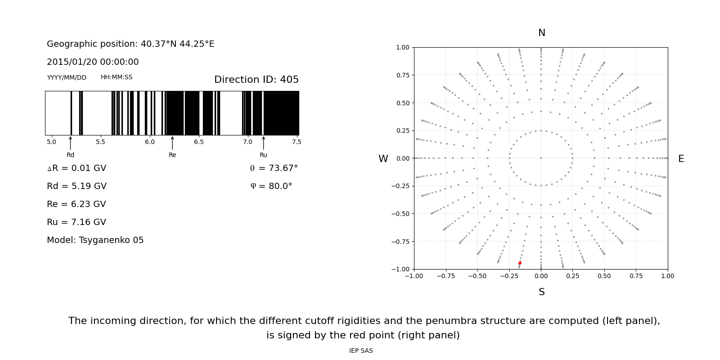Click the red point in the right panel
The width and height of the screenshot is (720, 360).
click(520, 263)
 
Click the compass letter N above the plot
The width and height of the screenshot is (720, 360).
click(541, 33)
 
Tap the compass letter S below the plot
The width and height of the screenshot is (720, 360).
click(541, 292)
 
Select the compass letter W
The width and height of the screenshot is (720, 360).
click(383, 159)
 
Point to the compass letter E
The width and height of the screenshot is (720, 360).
click(681, 159)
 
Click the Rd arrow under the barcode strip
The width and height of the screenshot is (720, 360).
click(71, 143)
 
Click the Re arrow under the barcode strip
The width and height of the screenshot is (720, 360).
click(172, 143)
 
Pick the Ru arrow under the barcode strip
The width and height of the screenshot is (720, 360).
click(263, 143)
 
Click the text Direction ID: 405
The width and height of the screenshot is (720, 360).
click(256, 80)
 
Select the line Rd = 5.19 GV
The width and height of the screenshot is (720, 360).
click(76, 186)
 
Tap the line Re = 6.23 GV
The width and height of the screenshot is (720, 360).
click(76, 204)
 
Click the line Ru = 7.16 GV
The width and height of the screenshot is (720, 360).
click(76, 222)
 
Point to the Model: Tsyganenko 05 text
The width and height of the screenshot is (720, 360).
click(95, 240)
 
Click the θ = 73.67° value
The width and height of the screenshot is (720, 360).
click(274, 168)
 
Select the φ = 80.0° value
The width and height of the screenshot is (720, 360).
click(271, 186)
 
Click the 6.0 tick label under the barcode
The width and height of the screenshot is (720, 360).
click(149, 142)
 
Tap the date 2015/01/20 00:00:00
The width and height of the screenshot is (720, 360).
click(93, 62)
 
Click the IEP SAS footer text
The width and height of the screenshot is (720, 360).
click(360, 351)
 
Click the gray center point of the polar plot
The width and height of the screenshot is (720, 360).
click(541, 158)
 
